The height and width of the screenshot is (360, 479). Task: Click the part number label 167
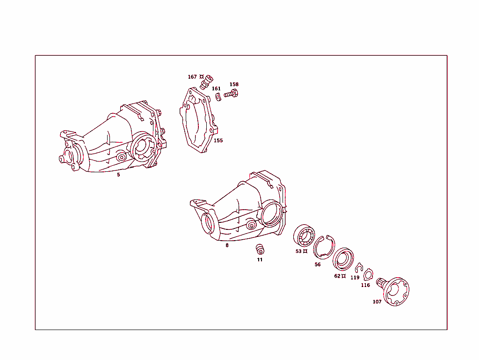click(x=192, y=77)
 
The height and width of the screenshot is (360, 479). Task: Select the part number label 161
click(x=216, y=88)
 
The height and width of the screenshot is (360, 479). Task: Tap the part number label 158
click(x=234, y=85)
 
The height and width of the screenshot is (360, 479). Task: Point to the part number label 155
click(x=218, y=140)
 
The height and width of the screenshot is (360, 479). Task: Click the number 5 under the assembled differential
click(x=118, y=175)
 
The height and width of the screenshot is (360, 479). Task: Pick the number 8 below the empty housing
click(x=227, y=245)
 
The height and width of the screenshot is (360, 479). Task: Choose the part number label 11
click(x=260, y=259)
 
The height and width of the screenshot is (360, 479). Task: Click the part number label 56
click(x=318, y=264)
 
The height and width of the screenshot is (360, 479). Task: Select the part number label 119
click(x=355, y=278)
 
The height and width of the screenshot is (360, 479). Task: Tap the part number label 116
click(x=365, y=285)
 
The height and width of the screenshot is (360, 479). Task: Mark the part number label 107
click(x=377, y=302)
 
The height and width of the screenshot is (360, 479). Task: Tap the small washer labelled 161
click(x=218, y=97)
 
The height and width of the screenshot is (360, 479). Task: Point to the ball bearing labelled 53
click(x=304, y=235)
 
